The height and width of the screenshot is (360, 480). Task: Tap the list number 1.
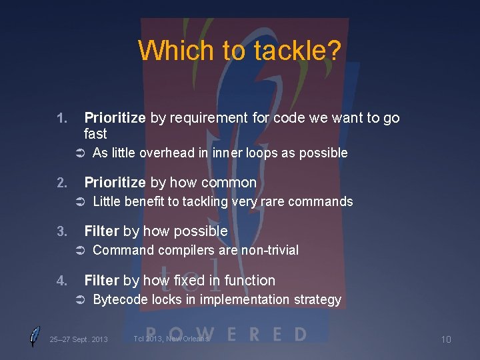(61, 119)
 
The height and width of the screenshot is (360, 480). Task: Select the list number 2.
(61, 183)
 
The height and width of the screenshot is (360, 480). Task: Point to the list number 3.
(61, 231)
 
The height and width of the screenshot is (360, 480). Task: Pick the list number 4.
(61, 281)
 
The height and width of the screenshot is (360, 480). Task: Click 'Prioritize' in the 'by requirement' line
(115, 119)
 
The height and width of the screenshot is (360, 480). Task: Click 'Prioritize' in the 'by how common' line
(115, 183)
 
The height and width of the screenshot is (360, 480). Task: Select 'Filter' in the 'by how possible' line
(101, 231)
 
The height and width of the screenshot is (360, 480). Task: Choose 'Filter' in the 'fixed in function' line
(101, 281)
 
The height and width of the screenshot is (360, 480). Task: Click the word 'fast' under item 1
(95, 134)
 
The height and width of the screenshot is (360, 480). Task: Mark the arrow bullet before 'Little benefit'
(77, 202)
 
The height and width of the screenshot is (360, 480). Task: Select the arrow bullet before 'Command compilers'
(77, 251)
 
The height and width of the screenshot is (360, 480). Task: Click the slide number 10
(445, 340)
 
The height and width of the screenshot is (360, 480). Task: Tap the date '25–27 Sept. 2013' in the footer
(79, 340)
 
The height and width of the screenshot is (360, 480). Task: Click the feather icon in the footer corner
(35, 337)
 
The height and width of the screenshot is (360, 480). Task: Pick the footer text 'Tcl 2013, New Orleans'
(171, 339)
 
